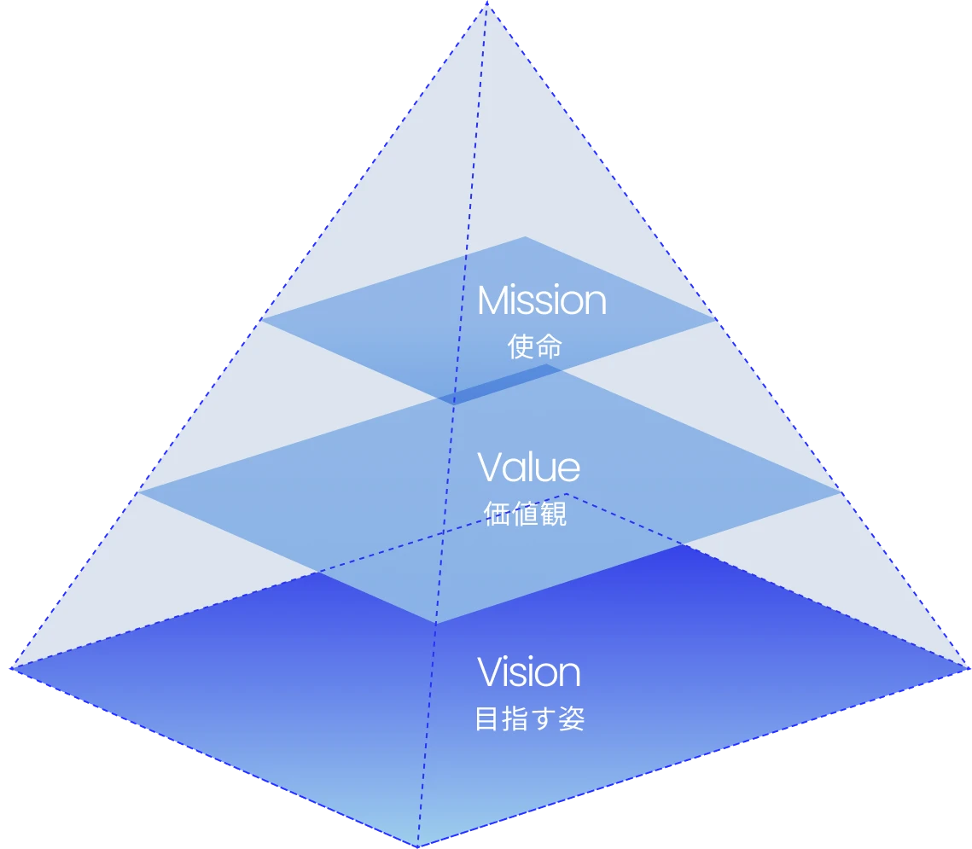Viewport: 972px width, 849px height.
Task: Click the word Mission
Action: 541,300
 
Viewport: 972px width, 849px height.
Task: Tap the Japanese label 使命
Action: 534,346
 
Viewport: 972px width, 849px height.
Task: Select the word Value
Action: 528,467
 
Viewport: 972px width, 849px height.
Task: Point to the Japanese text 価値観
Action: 525,515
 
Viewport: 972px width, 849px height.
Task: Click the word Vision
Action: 528,672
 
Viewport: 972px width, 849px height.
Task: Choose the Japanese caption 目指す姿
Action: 529,718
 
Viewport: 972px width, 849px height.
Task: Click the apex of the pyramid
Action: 486,3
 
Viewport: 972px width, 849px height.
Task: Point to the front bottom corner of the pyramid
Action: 417,846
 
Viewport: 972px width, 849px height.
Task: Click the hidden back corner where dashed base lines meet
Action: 566,493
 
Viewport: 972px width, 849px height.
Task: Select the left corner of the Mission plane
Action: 262,319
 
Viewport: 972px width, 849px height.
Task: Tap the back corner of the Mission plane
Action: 525,238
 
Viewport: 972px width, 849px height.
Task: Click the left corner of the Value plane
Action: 140,491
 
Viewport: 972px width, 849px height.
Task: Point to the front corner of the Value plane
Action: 436,623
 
